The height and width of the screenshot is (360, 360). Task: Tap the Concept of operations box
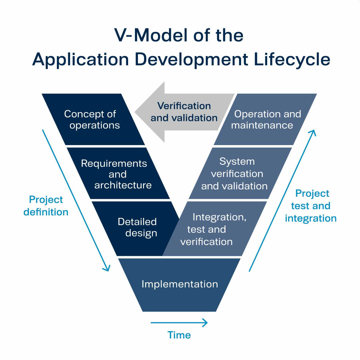coord(93,119)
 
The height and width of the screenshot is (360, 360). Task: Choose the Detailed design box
coord(136,227)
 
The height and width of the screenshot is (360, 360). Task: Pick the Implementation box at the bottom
coord(180,284)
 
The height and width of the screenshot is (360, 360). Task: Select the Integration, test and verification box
coord(212,229)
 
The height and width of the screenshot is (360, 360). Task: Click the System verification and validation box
coord(239,174)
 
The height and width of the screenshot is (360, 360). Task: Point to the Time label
coord(179,335)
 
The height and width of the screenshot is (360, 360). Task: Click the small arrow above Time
coord(179,323)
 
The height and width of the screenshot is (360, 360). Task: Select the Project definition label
coord(46,206)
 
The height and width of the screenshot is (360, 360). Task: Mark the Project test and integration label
coord(311,206)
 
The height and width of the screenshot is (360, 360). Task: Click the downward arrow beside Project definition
coord(76,201)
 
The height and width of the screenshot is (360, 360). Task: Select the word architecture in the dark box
coord(123,185)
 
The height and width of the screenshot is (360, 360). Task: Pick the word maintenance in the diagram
coord(262,125)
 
